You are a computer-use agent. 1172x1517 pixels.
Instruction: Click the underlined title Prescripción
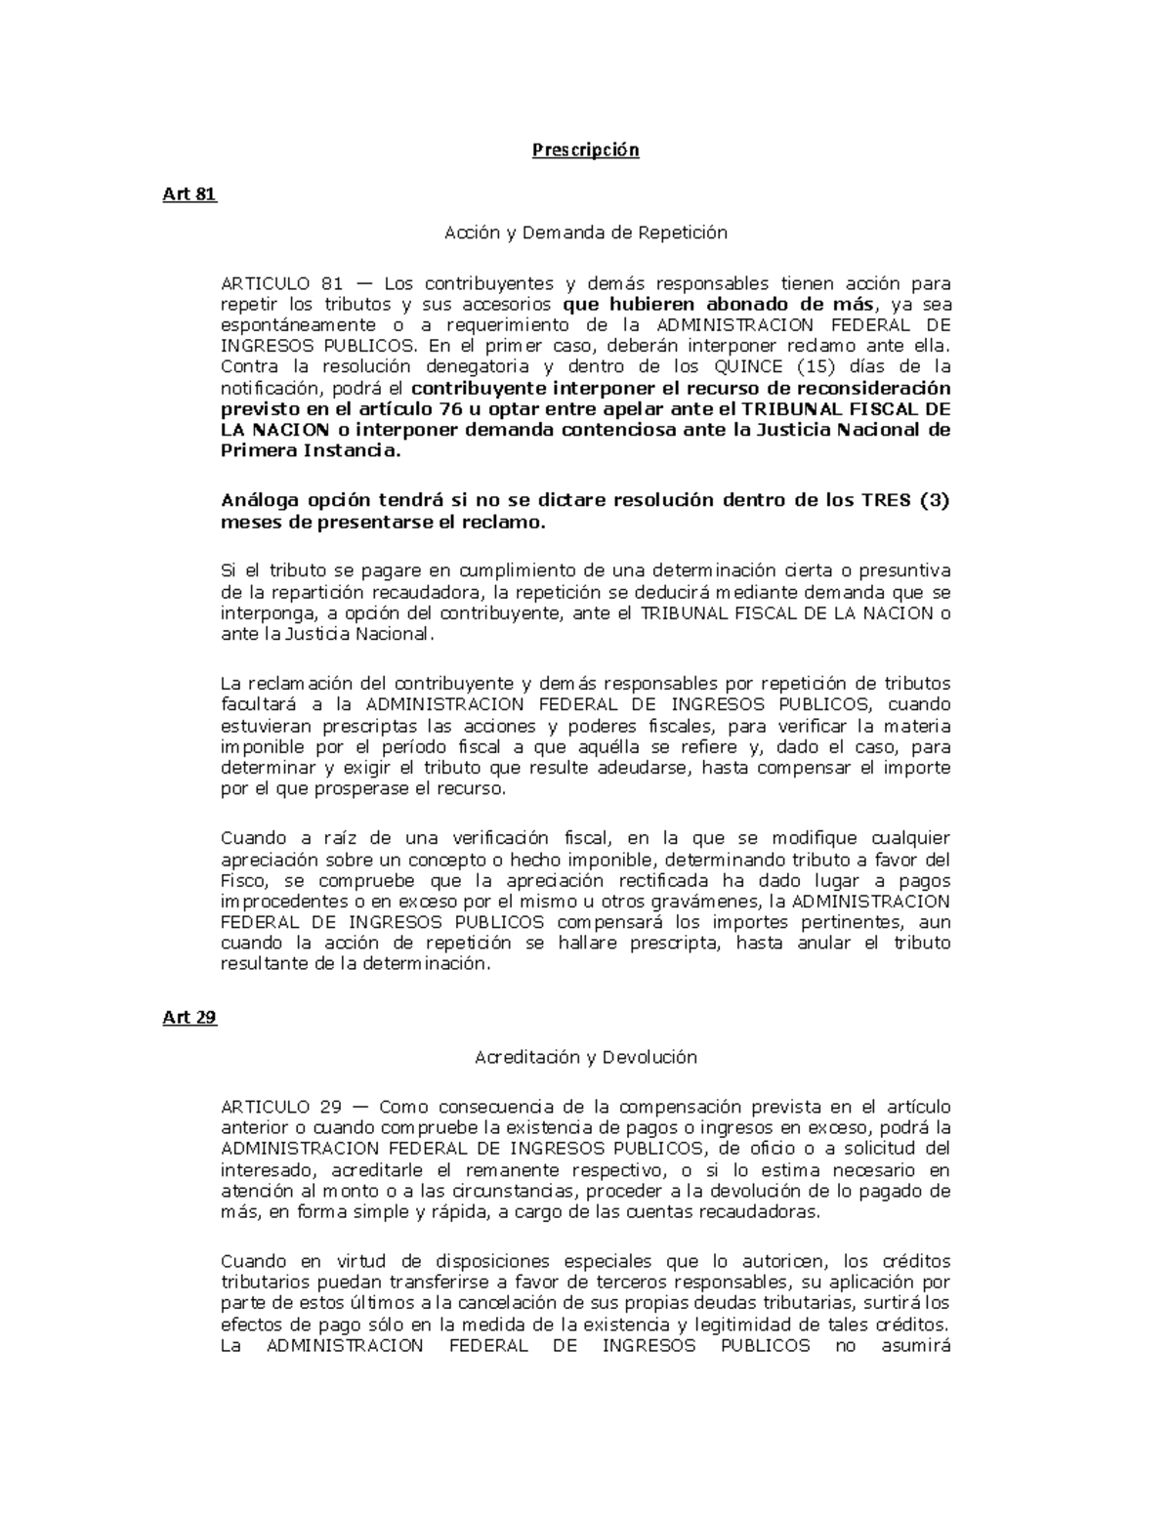[x=585, y=150]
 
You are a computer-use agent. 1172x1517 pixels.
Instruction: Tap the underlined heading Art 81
[x=188, y=193]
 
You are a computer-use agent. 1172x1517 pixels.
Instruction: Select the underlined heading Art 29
[x=188, y=1017]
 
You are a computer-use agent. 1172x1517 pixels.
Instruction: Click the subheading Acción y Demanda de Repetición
[x=585, y=232]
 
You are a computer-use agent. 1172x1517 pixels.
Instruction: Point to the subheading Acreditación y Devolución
[x=585, y=1057]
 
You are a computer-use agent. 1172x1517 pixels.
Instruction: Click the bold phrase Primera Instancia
[x=310, y=451]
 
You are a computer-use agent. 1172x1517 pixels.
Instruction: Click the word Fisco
[x=242, y=879]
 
